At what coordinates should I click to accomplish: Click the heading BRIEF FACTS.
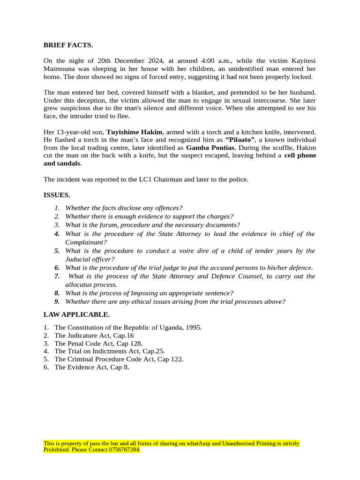pos(68,45)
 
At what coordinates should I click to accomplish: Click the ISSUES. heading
pos(57,195)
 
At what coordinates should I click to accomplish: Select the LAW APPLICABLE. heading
pos(76,314)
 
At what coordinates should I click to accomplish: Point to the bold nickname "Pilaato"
pos(240,140)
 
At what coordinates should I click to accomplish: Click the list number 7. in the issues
pos(57,276)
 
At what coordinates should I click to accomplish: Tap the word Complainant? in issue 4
pos(86,242)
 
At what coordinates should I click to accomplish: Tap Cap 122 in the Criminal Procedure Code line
pos(170,359)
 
